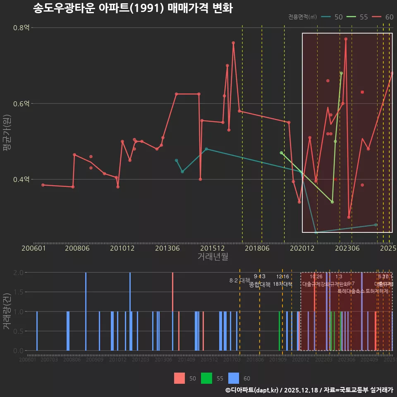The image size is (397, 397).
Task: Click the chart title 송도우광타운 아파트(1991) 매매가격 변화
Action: coord(133,8)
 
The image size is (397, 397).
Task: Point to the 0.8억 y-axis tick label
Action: coord(21,28)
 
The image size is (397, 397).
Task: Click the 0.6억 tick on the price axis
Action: coord(21,103)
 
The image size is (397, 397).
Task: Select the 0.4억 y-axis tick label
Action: coord(21,179)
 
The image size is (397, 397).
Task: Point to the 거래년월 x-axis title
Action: coord(213,257)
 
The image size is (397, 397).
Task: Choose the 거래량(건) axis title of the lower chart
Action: coord(7,311)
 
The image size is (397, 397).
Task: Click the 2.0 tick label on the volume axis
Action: coord(18,273)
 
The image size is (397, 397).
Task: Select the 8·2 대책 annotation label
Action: coord(237,280)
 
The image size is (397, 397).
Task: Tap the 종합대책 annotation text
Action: coord(260,285)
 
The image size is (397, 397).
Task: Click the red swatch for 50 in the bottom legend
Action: coord(179,378)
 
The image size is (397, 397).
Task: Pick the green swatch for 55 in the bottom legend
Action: coord(206,378)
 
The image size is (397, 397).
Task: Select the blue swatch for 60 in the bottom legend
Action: coord(234,378)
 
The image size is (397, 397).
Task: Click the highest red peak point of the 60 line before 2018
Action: coord(233,43)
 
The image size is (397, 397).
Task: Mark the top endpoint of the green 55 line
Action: coord(341,73)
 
